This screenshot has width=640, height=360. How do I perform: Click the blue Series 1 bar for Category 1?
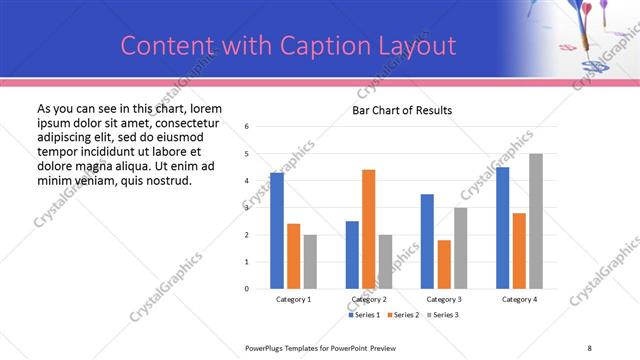pyautogui.click(x=277, y=231)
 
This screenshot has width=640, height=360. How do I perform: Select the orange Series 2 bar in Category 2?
pyautogui.click(x=368, y=229)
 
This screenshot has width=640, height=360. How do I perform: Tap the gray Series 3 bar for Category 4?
pyautogui.click(x=536, y=221)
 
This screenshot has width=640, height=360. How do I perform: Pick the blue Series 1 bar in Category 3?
pyautogui.click(x=427, y=241)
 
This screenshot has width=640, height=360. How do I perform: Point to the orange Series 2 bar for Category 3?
pyautogui.click(x=444, y=264)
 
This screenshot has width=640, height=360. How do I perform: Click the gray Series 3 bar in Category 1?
pyautogui.click(x=310, y=262)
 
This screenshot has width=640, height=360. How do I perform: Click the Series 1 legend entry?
pyautogui.click(x=364, y=315)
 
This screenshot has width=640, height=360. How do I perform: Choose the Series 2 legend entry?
pyautogui.click(x=402, y=315)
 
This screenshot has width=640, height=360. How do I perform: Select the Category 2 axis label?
pyautogui.click(x=369, y=299)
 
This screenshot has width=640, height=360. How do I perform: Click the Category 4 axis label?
pyautogui.click(x=519, y=299)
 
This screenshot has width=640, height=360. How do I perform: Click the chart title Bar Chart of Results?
pyautogui.click(x=402, y=110)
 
